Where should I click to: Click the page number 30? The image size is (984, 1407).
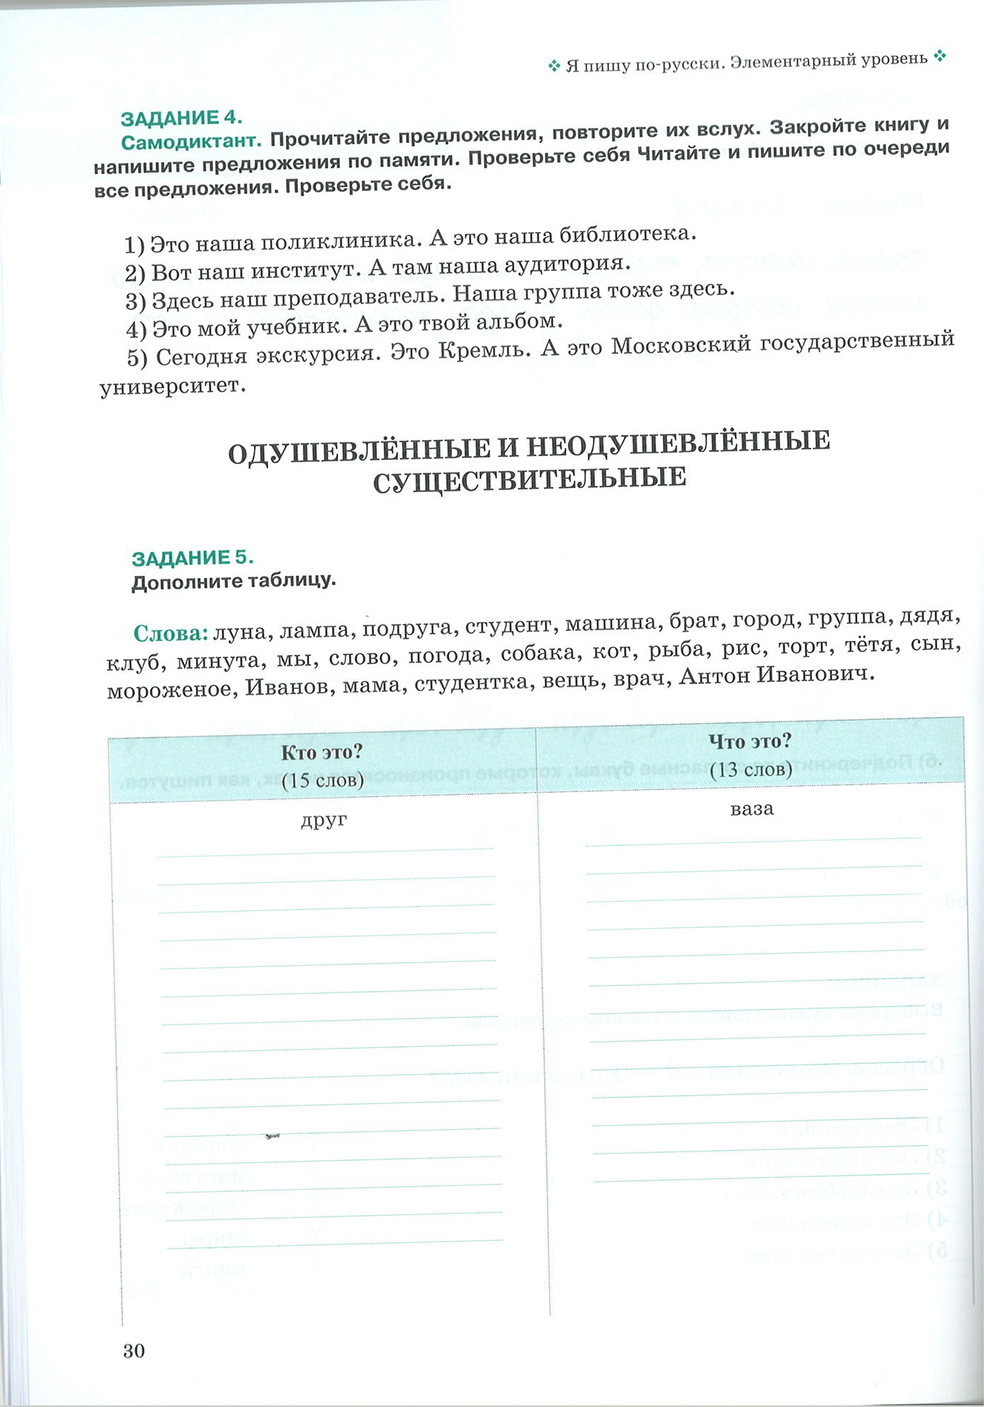pos(134,1350)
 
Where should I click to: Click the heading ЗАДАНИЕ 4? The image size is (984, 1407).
pos(182,117)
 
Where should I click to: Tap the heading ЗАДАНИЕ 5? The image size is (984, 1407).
pos(192,557)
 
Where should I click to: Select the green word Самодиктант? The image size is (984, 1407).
pos(192,141)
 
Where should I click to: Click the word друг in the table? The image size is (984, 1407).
pos(324,820)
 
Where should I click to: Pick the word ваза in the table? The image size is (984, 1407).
pos(752,809)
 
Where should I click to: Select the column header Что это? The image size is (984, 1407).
pos(751,741)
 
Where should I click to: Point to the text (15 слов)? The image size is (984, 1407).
pos(323,780)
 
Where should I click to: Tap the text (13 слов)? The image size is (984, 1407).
pos(751,769)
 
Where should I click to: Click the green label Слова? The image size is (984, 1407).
pos(170,632)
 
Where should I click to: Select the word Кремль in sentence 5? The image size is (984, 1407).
pos(484,350)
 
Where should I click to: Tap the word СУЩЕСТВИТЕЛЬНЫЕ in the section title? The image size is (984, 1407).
pos(529,479)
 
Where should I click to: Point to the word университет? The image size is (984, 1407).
pos(173,387)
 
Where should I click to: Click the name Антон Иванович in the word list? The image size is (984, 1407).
pos(777,675)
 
